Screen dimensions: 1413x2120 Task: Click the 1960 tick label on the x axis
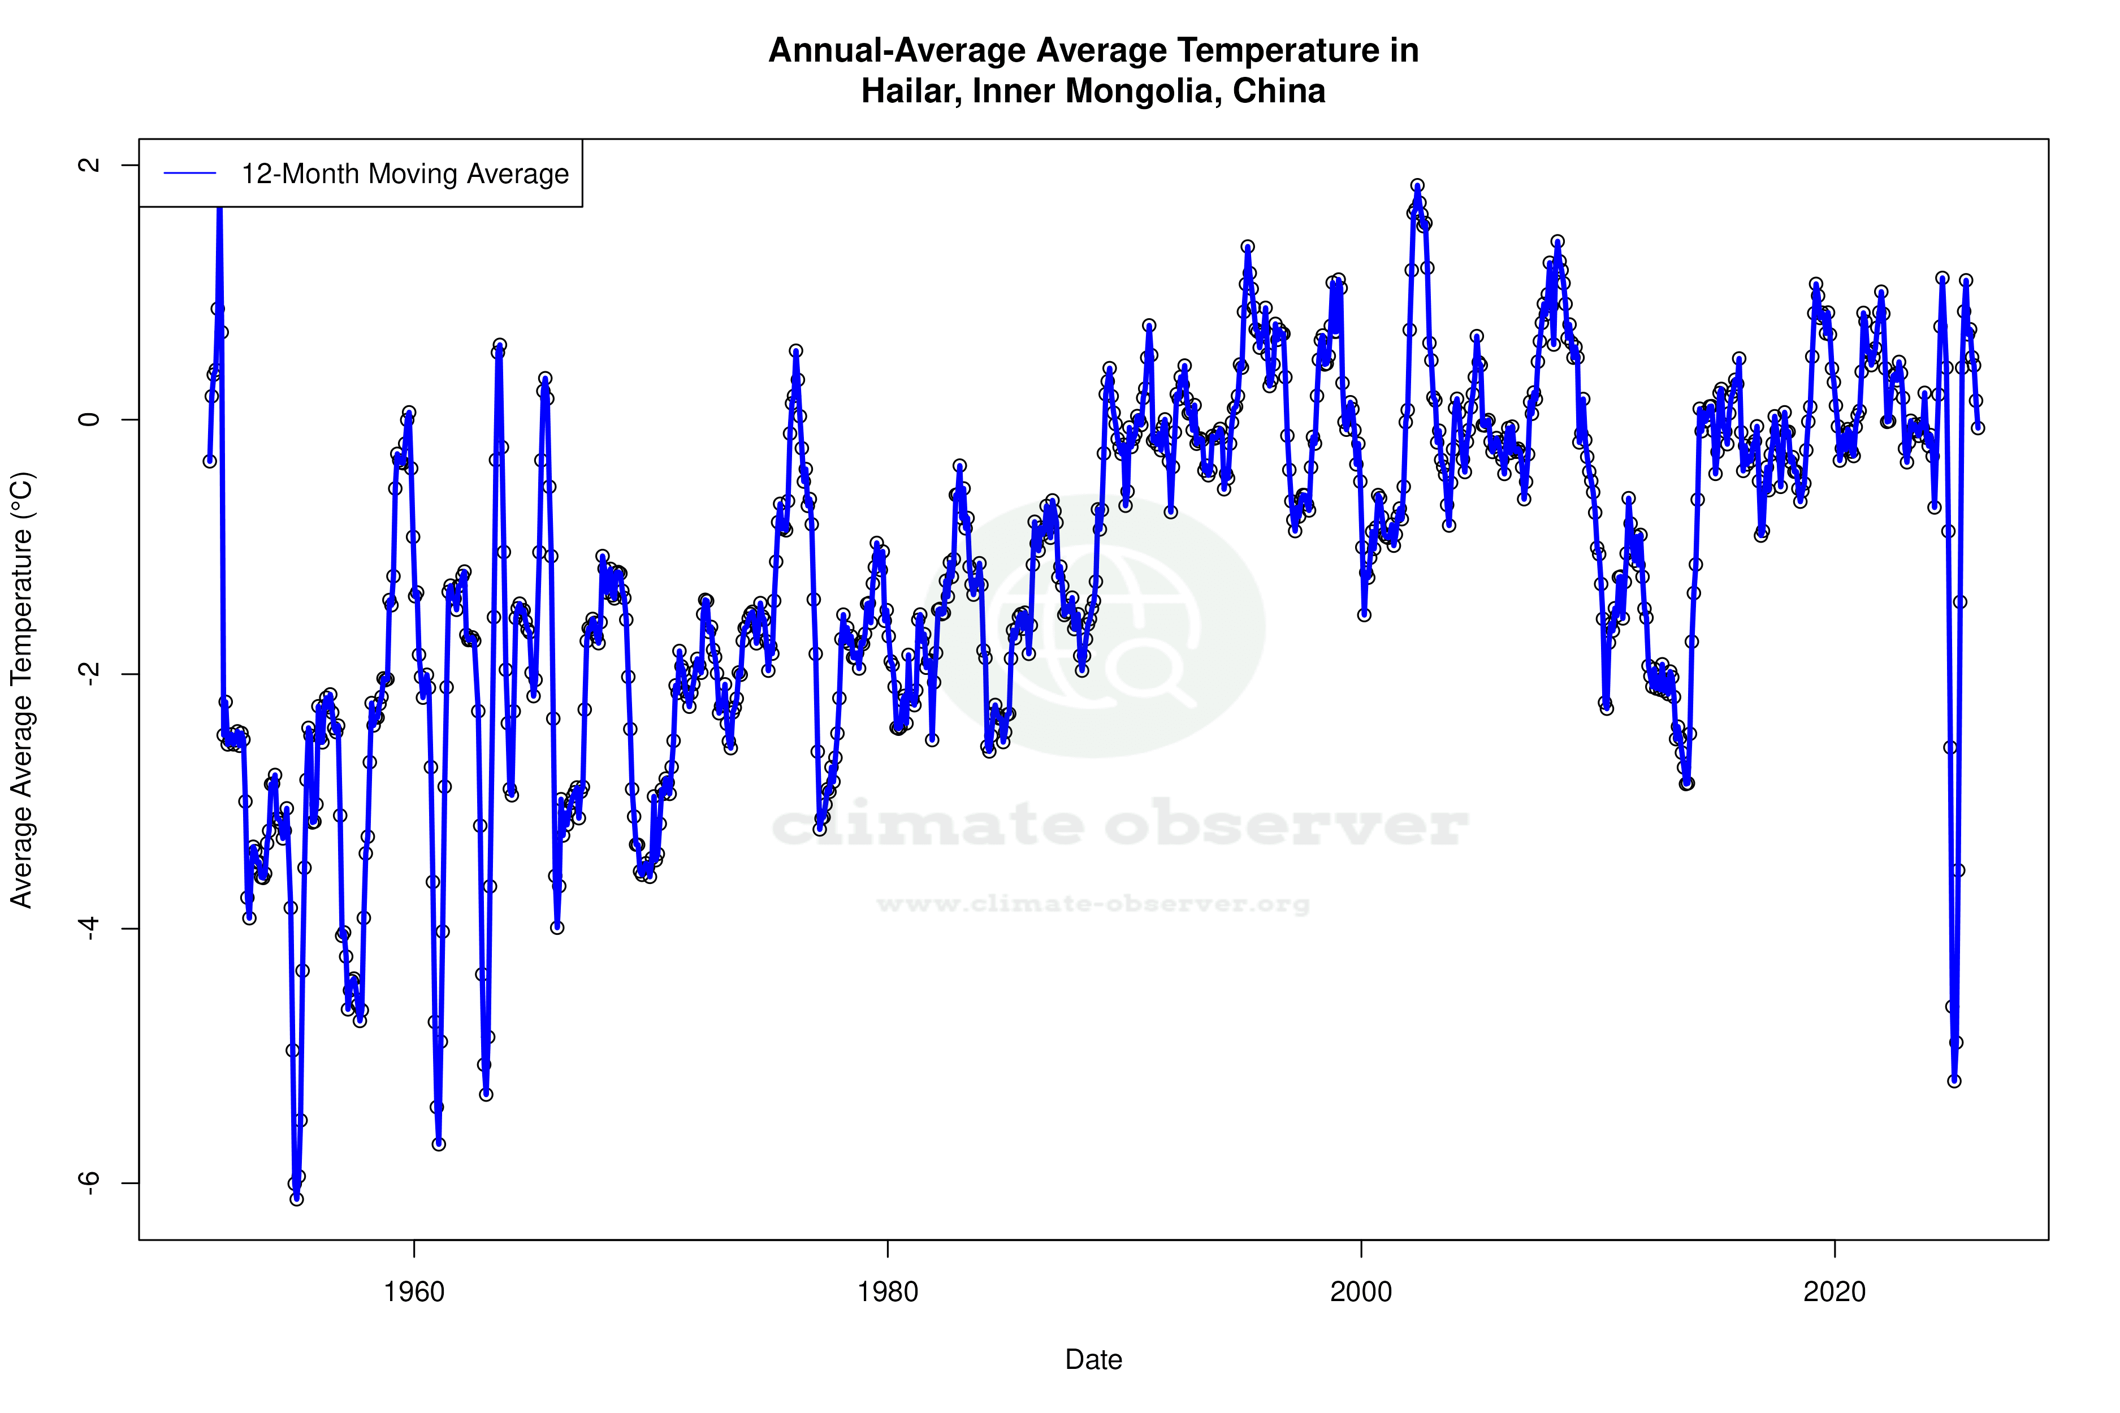tap(414, 1292)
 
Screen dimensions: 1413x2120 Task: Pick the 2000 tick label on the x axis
tap(1361, 1292)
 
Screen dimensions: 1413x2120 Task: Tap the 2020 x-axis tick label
tap(1835, 1292)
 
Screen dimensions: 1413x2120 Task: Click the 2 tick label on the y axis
tap(89, 165)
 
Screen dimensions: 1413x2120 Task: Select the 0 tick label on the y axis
tap(89, 420)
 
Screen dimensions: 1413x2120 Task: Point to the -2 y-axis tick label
tap(89, 674)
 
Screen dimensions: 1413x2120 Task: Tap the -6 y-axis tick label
tap(89, 1182)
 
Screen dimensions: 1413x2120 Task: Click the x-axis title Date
tap(1093, 1360)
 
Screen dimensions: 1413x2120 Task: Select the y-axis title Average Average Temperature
tap(21, 690)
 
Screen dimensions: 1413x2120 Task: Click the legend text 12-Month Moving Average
tap(405, 174)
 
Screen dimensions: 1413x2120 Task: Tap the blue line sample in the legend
tap(190, 174)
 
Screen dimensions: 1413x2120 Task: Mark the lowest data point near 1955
tap(297, 1199)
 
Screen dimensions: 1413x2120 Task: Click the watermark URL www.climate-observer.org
tap(1093, 904)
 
